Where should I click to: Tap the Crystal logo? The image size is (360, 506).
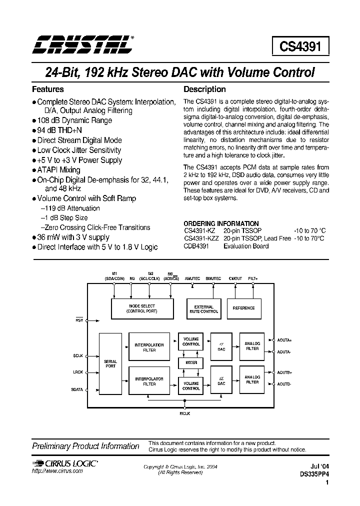click(83, 45)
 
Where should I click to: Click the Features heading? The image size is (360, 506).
click(48, 89)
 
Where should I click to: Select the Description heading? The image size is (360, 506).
click(205, 89)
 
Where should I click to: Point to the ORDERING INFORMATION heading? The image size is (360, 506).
click(221, 223)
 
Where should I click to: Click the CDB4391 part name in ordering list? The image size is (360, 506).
click(198, 246)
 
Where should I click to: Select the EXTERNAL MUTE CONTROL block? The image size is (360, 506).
click(203, 309)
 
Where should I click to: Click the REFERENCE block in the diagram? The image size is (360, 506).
click(244, 308)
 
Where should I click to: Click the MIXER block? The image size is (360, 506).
click(191, 362)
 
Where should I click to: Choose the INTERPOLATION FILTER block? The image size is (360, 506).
click(149, 347)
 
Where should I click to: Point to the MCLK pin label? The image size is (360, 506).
click(184, 413)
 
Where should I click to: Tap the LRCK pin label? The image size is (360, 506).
click(77, 372)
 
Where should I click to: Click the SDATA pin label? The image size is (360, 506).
click(77, 389)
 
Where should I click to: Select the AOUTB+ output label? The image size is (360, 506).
click(284, 372)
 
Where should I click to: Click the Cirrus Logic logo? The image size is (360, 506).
click(65, 464)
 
